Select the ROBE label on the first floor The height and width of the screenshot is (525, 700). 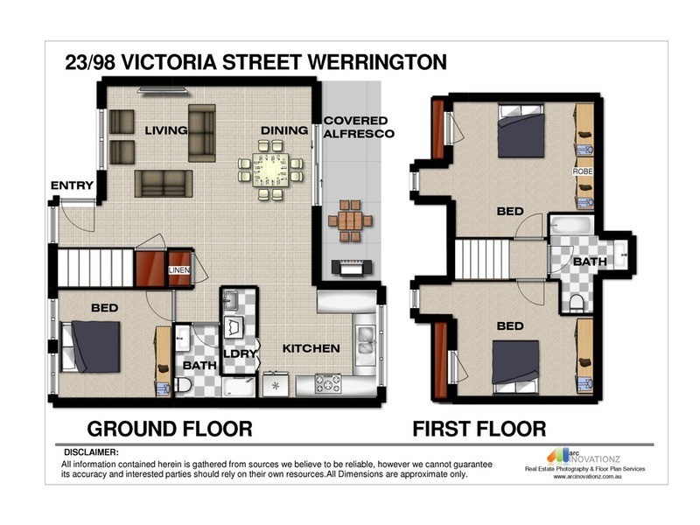pos(583,172)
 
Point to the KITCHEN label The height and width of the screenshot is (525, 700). pos(311,348)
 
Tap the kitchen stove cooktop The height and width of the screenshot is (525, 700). pos(328,383)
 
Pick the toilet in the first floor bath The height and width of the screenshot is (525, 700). pos(577,303)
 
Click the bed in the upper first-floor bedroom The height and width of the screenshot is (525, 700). pos(522,132)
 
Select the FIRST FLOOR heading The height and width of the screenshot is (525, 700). pos(479,429)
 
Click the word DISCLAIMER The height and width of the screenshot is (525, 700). pos(89,451)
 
